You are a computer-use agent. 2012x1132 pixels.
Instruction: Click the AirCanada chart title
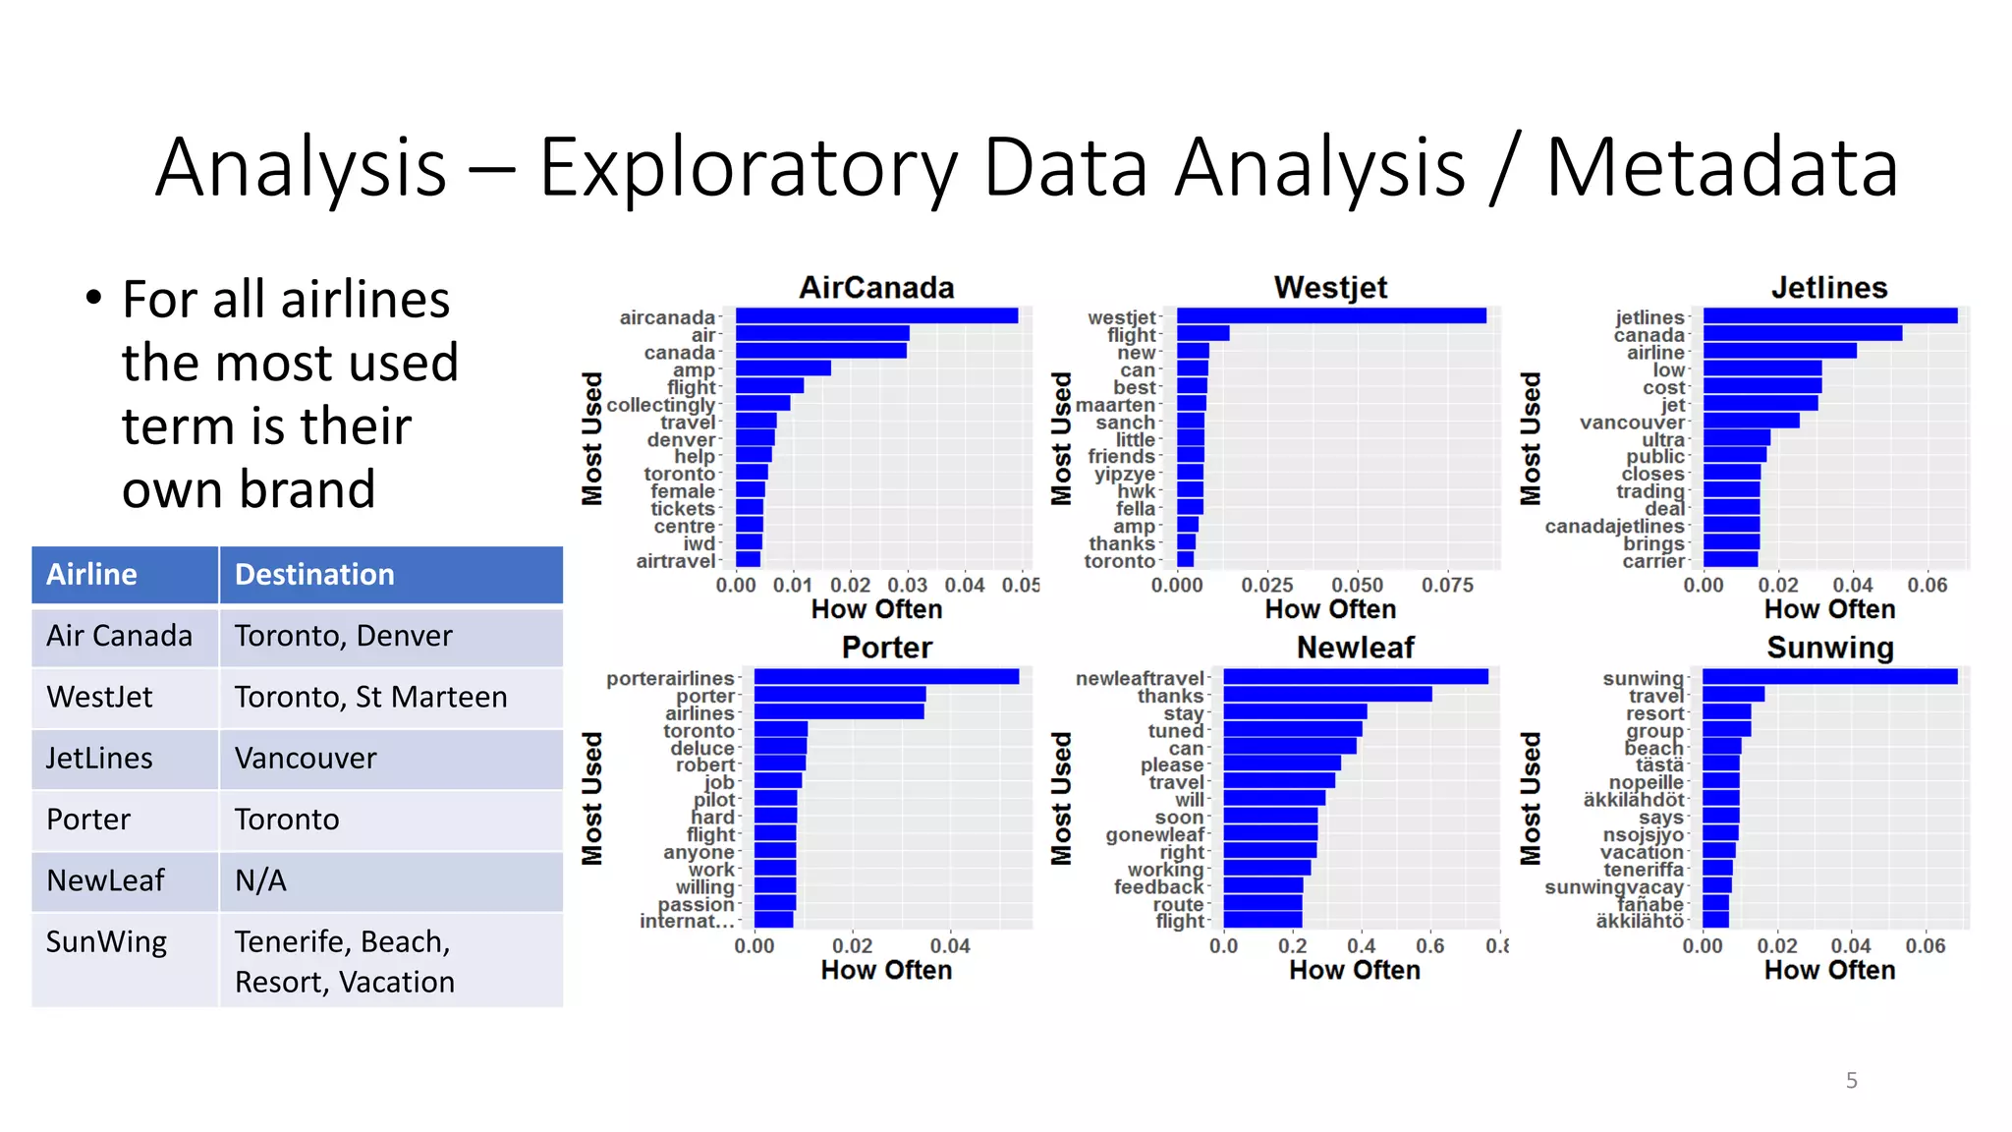pos(876,287)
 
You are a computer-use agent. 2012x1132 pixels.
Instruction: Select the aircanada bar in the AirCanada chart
pos(876,315)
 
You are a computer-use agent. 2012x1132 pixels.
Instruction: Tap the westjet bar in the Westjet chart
pos(1331,315)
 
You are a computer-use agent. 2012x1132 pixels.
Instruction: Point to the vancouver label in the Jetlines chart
pos(1632,423)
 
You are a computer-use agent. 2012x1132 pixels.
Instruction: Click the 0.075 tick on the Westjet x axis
pos(1447,585)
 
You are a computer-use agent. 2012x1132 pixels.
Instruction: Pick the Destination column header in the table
pos(314,575)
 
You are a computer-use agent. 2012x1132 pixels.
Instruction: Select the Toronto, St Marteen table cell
pos(371,697)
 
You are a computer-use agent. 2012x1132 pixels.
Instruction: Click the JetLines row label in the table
pos(99,758)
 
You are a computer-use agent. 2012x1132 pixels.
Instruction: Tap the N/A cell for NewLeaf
pos(260,880)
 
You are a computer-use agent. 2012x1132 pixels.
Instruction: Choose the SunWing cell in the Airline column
pos(106,941)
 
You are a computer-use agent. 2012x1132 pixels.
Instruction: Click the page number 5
pos(1851,1080)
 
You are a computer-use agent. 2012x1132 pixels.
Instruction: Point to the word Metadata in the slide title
pos(1722,167)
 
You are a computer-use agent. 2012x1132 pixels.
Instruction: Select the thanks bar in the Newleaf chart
pos(1327,695)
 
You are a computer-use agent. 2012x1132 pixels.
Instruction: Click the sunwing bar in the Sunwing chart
pos(1829,677)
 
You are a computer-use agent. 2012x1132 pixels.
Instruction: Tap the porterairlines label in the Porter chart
pos(670,678)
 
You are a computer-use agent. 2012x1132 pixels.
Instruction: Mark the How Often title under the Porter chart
pos(886,970)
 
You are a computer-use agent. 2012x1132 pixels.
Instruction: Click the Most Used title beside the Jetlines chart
pos(1531,438)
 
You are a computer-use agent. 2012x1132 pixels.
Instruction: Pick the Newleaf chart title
pos(1355,648)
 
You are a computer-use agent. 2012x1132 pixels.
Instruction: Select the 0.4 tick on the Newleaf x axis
pos(1361,945)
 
